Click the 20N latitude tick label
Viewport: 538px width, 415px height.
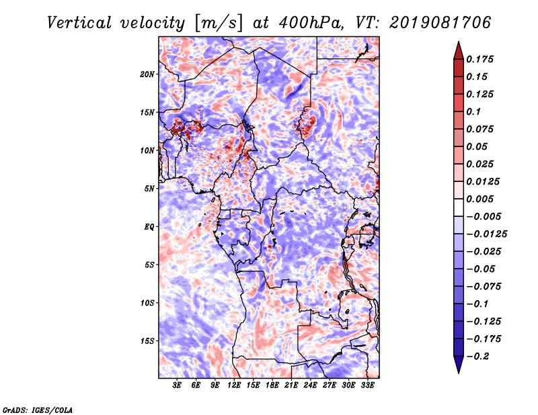147,75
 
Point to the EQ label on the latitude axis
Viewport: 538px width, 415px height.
149,227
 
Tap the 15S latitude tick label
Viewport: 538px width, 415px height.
147,341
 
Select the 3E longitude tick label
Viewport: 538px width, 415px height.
177,385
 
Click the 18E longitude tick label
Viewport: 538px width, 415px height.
272,385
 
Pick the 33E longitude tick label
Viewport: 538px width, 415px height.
367,385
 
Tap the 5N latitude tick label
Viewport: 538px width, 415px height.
149,189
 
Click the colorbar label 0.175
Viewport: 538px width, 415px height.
479,59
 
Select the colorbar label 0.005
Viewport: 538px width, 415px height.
479,199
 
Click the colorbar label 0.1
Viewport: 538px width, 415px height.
473,111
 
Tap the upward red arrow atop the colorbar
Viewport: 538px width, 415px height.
459,51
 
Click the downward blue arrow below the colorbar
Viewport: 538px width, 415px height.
459,365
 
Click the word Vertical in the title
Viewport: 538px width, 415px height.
79,23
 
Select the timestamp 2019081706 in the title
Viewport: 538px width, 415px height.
440,23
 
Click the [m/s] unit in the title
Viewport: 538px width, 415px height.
219,24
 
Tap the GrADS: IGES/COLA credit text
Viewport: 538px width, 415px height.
38,410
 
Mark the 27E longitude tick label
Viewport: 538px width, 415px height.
330,385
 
